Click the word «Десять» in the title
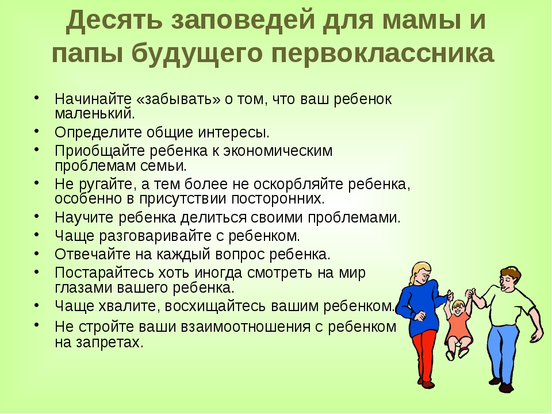[114, 21]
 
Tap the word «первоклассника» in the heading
[383, 53]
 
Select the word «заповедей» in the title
[243, 21]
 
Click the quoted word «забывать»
[178, 99]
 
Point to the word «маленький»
[95, 114]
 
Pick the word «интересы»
[233, 133]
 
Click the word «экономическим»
[278, 151]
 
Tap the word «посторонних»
[278, 199]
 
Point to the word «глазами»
[83, 287]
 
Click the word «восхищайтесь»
[215, 306]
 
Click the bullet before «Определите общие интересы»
[37, 131]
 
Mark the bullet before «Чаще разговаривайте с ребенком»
[37, 234]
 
